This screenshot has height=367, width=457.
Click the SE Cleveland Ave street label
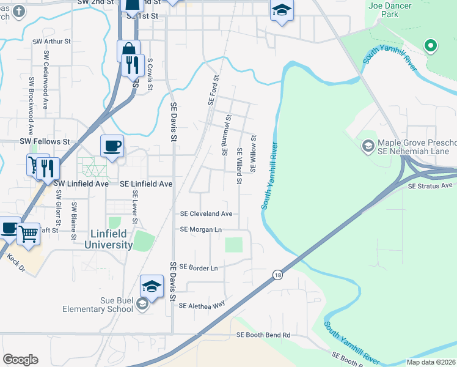(x=206, y=214)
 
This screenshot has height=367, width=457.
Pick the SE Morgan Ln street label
(x=200, y=229)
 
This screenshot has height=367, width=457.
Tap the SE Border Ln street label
(x=199, y=268)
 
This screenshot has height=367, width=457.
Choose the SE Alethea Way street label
(x=202, y=304)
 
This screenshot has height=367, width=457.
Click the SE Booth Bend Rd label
(x=263, y=335)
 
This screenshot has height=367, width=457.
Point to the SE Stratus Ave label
(x=430, y=185)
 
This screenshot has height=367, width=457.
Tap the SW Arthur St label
(x=53, y=42)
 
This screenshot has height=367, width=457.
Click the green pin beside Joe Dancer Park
(x=431, y=45)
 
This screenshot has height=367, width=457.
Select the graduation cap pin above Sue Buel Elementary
(x=152, y=286)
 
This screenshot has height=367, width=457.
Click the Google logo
(x=20, y=360)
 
